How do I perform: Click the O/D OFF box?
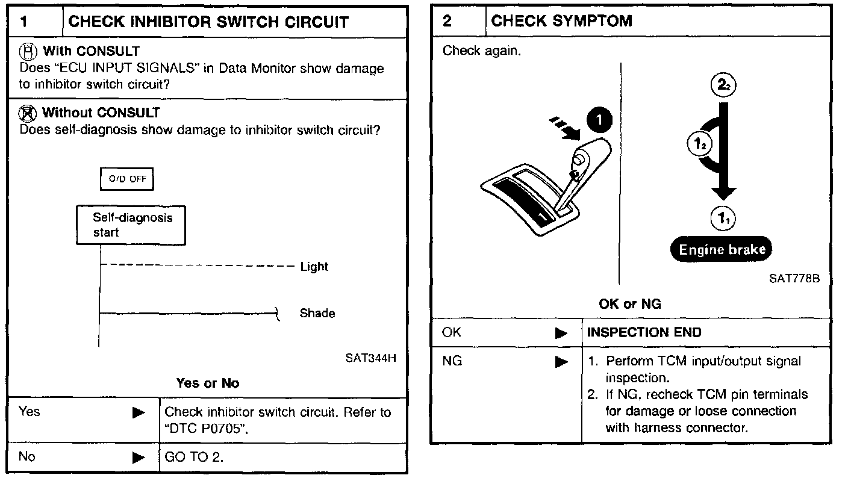[x=127, y=179]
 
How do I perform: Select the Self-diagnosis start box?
[x=131, y=225]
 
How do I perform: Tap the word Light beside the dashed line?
[x=314, y=266]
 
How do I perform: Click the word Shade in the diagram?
[x=317, y=313]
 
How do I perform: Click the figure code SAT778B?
[x=794, y=279]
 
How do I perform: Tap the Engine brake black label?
[x=722, y=249]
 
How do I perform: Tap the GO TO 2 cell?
[x=193, y=457]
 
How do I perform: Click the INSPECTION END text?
[x=644, y=332]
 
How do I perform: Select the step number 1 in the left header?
[x=24, y=22]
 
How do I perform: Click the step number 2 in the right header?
[x=447, y=21]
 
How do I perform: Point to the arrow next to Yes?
[x=139, y=412]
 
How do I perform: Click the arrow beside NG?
[x=561, y=361]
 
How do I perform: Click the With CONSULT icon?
[x=29, y=51]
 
